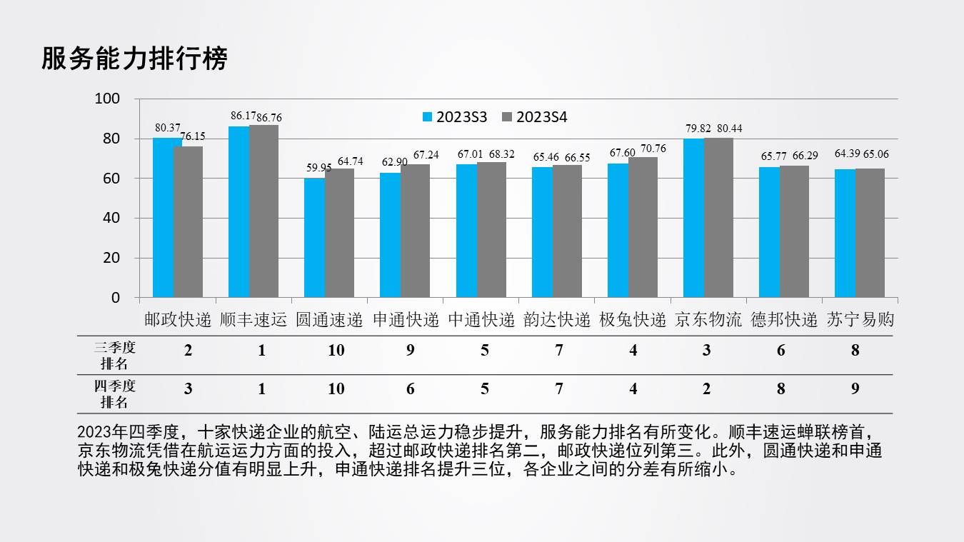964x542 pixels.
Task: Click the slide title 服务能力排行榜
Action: (x=134, y=59)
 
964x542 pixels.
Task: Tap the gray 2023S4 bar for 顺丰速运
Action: (x=263, y=211)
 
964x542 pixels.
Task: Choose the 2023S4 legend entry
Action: (x=535, y=117)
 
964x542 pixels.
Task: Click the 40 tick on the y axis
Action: (x=111, y=218)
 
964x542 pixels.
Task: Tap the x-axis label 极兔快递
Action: (x=632, y=319)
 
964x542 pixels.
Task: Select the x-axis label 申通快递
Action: (x=406, y=319)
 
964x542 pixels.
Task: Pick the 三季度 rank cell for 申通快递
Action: (x=410, y=351)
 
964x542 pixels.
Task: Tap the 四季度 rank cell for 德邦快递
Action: (x=780, y=388)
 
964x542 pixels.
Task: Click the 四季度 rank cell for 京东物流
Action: (x=706, y=388)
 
